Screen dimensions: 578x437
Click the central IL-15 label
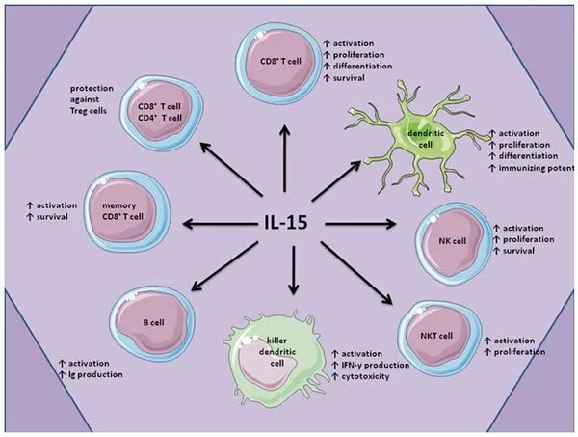coord(286,223)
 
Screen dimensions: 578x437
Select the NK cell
coord(454,244)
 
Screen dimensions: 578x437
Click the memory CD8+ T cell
coord(127,211)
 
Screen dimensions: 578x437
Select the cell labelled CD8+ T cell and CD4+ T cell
coord(162,113)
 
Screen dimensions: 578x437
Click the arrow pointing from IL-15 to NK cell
coord(360,223)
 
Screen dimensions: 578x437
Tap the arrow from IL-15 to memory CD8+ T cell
coord(219,224)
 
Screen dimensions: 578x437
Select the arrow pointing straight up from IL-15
coord(284,159)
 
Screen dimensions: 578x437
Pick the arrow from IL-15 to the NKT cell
coord(356,273)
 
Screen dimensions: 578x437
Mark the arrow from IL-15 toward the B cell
coord(224,265)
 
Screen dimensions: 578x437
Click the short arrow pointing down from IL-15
coord(294,270)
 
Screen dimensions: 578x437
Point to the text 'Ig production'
coord(95,374)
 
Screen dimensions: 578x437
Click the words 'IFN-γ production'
coord(376,365)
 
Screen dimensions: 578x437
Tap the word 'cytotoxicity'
coord(366,376)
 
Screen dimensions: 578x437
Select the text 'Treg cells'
coord(89,111)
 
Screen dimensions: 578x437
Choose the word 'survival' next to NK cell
coord(518,251)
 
